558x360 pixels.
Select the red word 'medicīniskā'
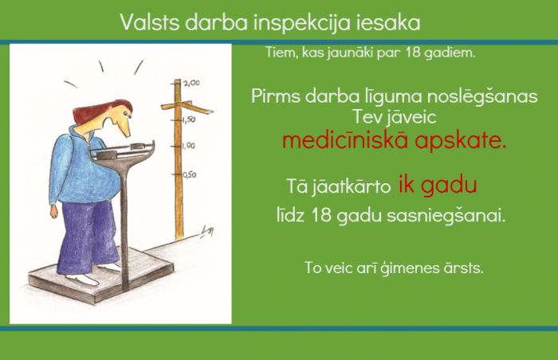pyautogui.click(x=345, y=140)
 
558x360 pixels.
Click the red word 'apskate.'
pyautogui.click(x=461, y=141)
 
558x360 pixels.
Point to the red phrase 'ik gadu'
pyautogui.click(x=438, y=185)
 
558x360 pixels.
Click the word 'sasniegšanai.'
pyautogui.click(x=446, y=216)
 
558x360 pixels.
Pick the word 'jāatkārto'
pyautogui.click(x=352, y=186)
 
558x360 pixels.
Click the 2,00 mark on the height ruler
pyautogui.click(x=192, y=83)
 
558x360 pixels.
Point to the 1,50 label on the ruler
pyautogui.click(x=189, y=119)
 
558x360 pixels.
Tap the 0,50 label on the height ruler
pyautogui.click(x=190, y=174)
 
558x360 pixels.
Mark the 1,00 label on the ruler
pyautogui.click(x=188, y=146)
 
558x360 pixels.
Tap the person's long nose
pyautogui.click(x=124, y=127)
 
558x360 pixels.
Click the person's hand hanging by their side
pyautogui.click(x=53, y=211)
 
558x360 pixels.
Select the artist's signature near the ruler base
pyautogui.click(x=207, y=232)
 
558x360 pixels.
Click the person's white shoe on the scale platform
pyautogui.click(x=83, y=279)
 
